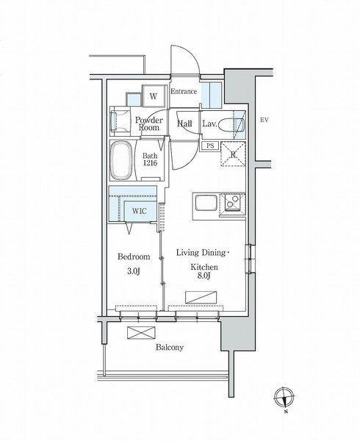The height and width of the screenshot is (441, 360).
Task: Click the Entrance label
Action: click(184, 91)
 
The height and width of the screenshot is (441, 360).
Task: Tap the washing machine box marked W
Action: click(153, 96)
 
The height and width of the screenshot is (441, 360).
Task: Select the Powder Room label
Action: click(149, 123)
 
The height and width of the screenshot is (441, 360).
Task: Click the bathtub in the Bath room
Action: click(121, 160)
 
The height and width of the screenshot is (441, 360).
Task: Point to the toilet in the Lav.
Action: click(231, 125)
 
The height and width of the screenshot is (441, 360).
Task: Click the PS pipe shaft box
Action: click(210, 146)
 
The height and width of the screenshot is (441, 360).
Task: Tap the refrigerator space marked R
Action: click(233, 154)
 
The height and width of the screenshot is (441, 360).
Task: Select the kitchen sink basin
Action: click(206, 203)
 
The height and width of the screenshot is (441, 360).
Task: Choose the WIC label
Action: click(140, 211)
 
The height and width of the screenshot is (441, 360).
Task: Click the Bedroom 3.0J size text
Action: click(134, 271)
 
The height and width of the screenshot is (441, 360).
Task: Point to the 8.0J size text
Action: click(204, 276)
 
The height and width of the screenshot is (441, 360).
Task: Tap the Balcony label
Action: click(170, 348)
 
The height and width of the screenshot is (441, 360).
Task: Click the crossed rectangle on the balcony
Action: click(141, 332)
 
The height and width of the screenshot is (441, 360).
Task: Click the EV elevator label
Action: click(264, 120)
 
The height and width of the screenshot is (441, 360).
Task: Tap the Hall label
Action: click(184, 123)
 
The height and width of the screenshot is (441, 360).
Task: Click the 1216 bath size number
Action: click(150, 163)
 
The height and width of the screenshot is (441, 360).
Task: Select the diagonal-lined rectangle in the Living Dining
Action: click(201, 297)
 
